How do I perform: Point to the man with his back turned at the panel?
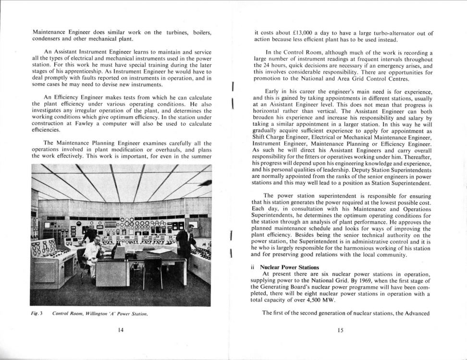click(89, 235)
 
